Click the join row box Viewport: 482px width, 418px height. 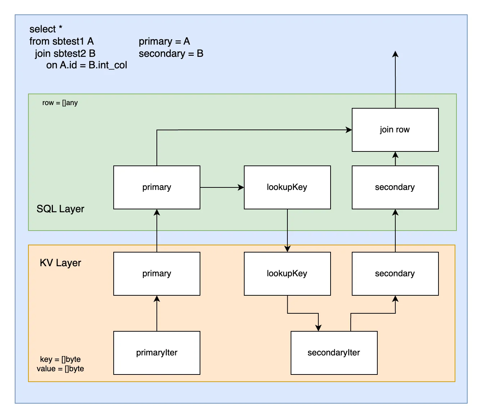tap(395, 130)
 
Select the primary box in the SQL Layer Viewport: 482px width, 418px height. tap(156, 187)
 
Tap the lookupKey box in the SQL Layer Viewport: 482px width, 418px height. tap(287, 187)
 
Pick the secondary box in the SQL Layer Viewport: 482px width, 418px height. tap(395, 187)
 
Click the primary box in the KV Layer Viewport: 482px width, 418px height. tap(156, 274)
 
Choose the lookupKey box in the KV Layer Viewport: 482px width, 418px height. tap(287, 274)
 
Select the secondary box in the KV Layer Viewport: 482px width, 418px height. tap(395, 274)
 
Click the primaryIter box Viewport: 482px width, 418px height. tap(156, 353)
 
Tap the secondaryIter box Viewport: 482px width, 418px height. tap(334, 353)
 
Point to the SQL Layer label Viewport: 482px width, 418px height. tap(60, 209)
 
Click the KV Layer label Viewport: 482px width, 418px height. tap(60, 263)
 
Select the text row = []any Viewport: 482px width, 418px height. tap(60, 103)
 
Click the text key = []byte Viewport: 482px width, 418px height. tap(60, 359)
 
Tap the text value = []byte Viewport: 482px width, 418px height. tap(60, 369)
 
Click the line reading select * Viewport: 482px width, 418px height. tap(46, 29)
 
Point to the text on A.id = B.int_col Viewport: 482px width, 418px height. tap(87, 65)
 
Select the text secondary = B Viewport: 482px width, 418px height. tap(171, 54)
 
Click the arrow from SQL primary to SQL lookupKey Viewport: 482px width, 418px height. tap(222, 187)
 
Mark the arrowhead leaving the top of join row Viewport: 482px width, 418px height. tap(395, 54)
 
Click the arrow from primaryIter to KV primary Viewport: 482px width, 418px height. tap(157, 313)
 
